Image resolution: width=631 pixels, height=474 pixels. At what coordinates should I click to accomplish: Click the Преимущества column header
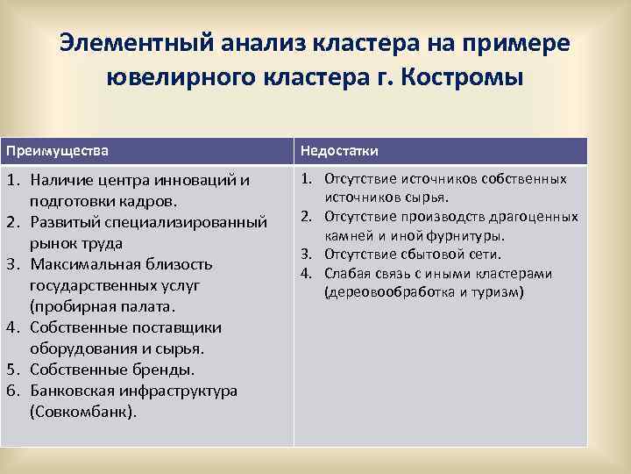[x=58, y=150]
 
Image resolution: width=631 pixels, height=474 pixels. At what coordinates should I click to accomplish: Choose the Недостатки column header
[x=340, y=151]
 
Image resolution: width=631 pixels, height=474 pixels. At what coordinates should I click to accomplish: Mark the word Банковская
[x=74, y=391]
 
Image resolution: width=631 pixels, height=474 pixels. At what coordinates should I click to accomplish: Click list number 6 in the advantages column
[x=13, y=391]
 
